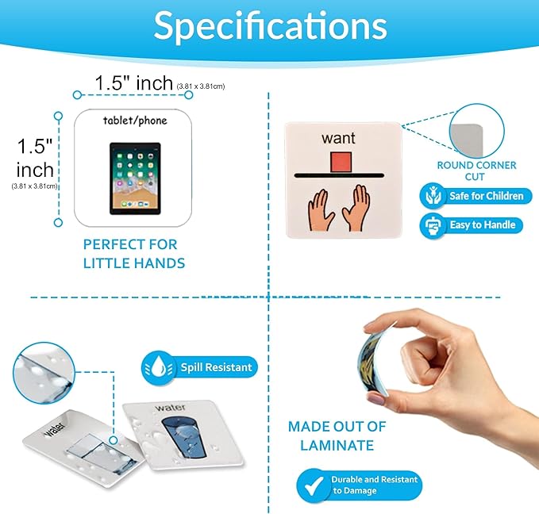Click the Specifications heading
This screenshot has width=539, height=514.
(270, 26)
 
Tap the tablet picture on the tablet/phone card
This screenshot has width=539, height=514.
(135, 178)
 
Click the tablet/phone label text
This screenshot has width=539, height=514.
(135, 121)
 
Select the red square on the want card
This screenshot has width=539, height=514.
(341, 162)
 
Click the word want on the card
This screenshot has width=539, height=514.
(338, 138)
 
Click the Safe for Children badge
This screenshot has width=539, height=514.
(475, 196)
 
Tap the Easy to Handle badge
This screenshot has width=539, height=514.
(472, 225)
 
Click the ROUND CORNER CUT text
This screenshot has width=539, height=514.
(476, 171)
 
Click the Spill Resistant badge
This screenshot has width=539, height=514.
(199, 367)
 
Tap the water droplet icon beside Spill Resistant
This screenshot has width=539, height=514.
(159, 367)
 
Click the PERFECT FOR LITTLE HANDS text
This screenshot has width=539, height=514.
(134, 254)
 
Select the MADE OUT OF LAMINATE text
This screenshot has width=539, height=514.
(337, 436)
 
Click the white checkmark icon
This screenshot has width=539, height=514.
(314, 485)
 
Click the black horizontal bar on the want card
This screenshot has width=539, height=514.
(339, 176)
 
